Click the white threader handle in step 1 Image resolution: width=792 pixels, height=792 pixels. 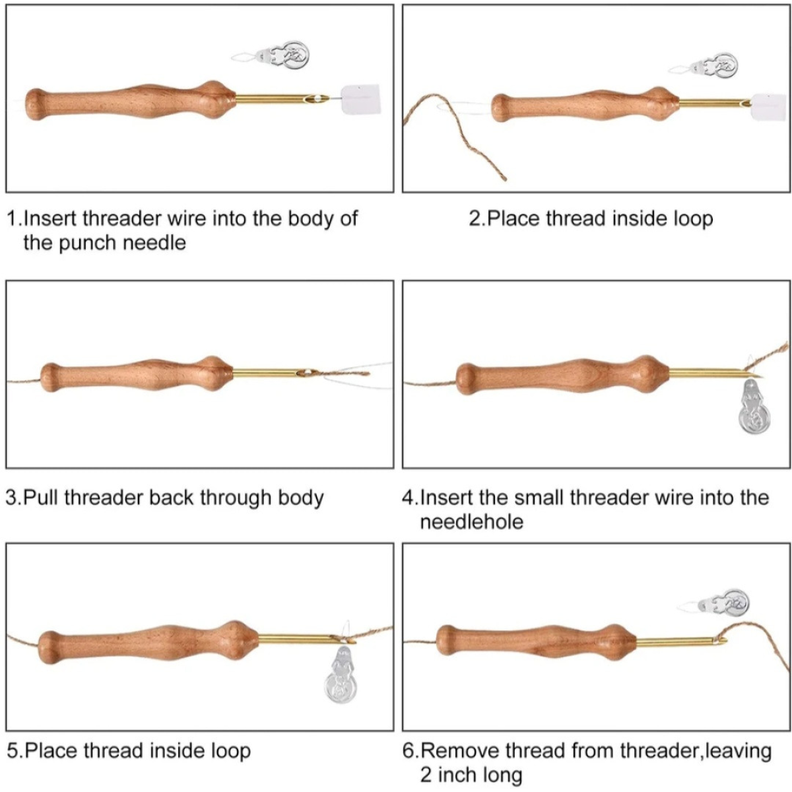(x=361, y=99)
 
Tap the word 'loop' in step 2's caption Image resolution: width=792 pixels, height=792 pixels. (x=692, y=218)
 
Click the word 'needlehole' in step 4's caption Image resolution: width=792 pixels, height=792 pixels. (x=471, y=521)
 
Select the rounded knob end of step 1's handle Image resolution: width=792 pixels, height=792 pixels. (x=38, y=104)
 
